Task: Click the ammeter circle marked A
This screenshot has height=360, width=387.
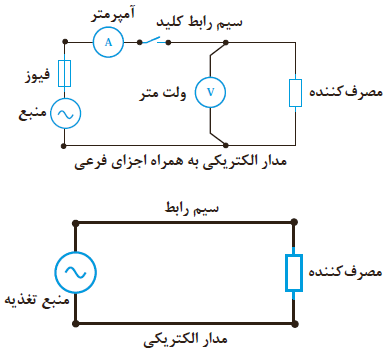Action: [x=108, y=42]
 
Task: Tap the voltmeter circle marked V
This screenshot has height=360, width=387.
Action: [x=210, y=92]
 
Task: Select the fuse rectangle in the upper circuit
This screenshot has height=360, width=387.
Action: [x=64, y=73]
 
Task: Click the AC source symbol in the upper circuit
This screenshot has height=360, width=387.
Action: [x=65, y=114]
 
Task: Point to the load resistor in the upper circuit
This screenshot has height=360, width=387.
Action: [x=295, y=93]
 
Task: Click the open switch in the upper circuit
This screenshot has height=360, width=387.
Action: [x=154, y=41]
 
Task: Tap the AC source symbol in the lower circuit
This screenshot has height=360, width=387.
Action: [x=76, y=272]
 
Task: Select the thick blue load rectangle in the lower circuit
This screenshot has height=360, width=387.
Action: [x=294, y=273]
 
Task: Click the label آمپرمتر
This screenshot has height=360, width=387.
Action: [x=113, y=15]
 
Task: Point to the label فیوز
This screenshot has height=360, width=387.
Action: [x=38, y=75]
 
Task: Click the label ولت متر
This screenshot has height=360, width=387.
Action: [x=162, y=93]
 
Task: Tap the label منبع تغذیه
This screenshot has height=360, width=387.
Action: [x=37, y=299]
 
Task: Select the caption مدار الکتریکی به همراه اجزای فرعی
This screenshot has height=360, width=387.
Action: [x=180, y=162]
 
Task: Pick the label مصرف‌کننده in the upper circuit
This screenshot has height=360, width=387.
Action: [x=346, y=91]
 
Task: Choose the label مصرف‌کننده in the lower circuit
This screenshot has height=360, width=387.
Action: [x=345, y=271]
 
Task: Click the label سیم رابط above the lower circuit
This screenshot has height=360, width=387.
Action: [x=192, y=208]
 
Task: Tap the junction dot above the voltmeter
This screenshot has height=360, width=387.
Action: [x=226, y=42]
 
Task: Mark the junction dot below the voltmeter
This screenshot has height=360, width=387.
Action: [x=226, y=145]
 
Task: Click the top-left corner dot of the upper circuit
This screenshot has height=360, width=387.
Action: [x=65, y=42]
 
